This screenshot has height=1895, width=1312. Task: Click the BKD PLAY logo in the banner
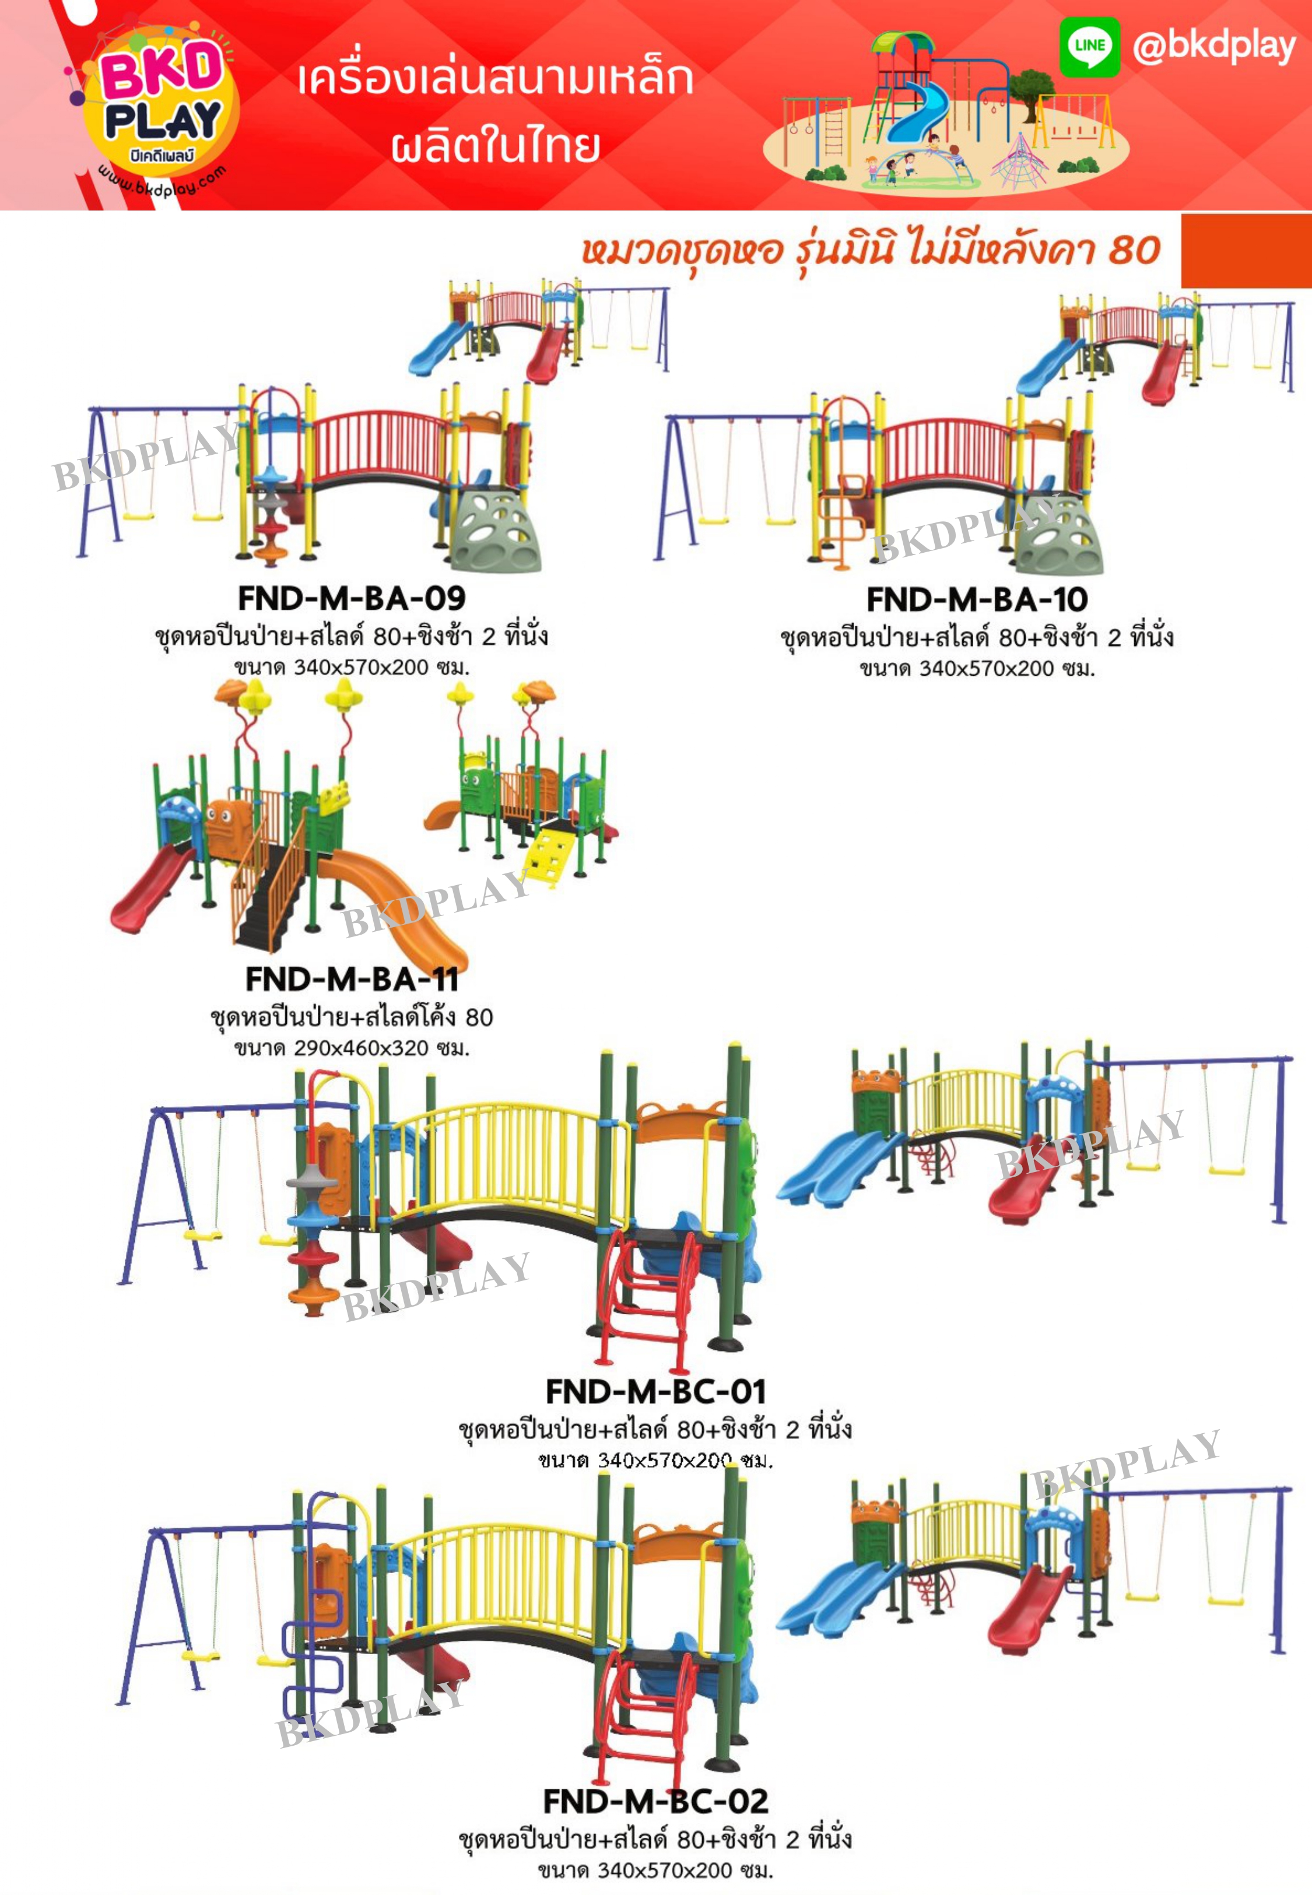pos(161,103)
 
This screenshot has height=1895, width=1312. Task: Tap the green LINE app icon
pos(1089,46)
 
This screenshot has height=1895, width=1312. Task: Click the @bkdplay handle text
pos(1213,46)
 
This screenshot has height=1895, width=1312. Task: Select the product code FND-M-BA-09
pos(352,598)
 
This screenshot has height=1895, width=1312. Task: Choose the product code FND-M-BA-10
pos(977,600)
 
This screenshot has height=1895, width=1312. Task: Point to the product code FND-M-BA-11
pos(352,979)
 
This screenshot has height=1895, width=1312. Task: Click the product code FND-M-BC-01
pos(656,1391)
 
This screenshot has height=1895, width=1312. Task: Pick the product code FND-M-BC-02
pos(656,1801)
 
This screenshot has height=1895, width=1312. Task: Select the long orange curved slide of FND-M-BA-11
pos(403,904)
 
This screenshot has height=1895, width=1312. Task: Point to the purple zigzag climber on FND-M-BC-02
pos(313,1652)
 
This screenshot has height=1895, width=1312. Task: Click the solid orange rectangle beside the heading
pos(1246,251)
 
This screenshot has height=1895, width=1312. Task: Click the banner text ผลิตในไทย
pos(495,145)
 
